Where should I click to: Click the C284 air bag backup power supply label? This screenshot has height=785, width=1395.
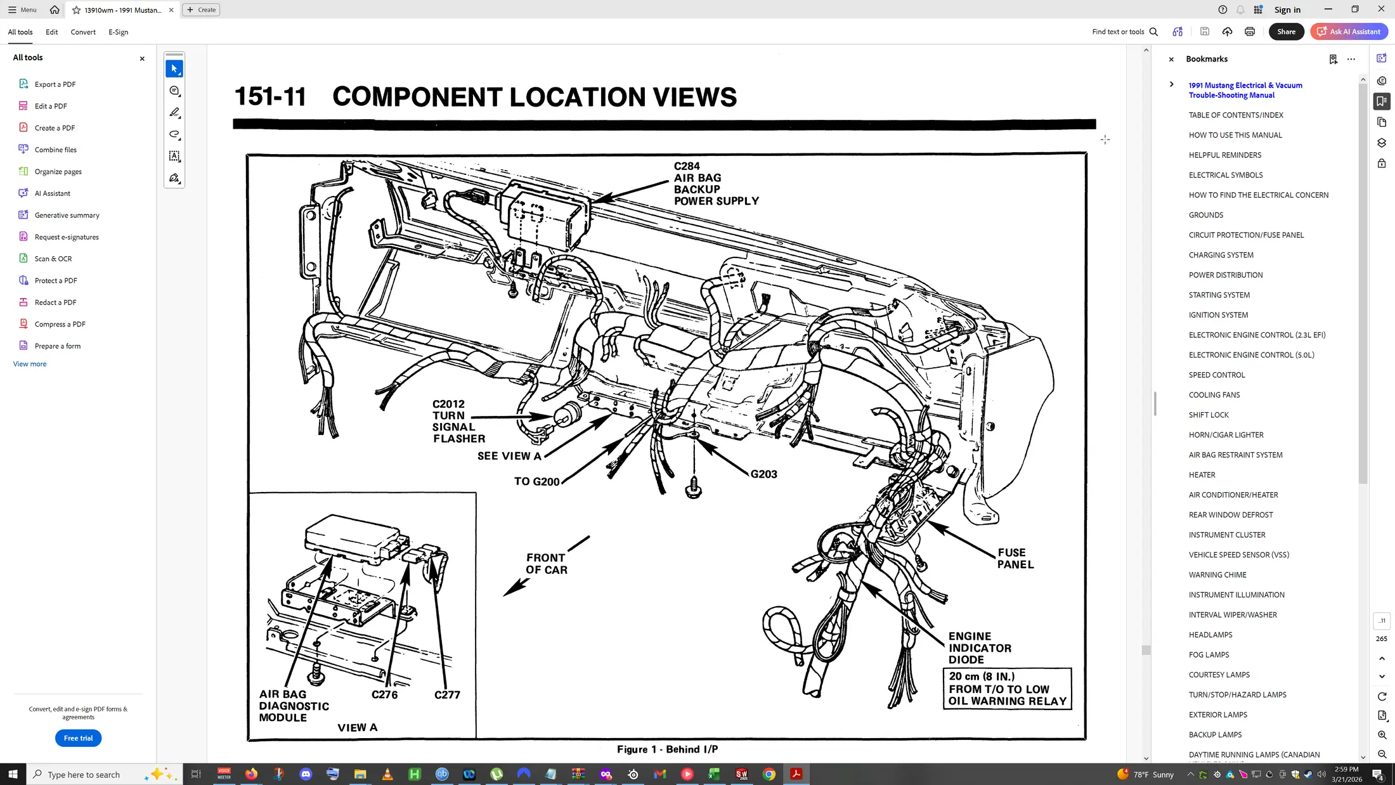(x=716, y=183)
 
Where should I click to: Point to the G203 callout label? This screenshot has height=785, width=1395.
(x=763, y=474)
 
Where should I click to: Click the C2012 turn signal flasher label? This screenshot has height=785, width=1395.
(x=458, y=421)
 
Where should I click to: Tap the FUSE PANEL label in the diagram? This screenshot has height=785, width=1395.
(x=1015, y=559)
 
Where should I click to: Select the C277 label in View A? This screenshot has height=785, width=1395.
(x=447, y=695)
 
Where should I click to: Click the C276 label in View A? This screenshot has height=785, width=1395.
(x=384, y=695)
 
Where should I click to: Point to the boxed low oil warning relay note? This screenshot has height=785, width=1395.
(x=1007, y=688)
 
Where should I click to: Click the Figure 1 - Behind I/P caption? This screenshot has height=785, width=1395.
(x=667, y=749)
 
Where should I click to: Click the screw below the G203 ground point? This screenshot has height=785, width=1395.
(x=694, y=487)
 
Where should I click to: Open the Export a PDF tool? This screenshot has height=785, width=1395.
(x=55, y=84)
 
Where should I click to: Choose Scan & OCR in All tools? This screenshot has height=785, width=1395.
(x=53, y=259)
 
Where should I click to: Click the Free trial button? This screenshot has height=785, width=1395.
(x=78, y=738)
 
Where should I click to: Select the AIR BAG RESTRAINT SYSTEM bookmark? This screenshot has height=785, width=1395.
(x=1235, y=455)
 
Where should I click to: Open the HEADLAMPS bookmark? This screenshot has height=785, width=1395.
(x=1210, y=635)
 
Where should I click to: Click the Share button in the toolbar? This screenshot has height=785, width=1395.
(x=1286, y=32)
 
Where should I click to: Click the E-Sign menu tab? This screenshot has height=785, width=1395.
(x=118, y=32)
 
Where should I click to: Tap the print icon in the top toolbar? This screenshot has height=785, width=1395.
(x=1249, y=32)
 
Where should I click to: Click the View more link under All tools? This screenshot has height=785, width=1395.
(x=30, y=365)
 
